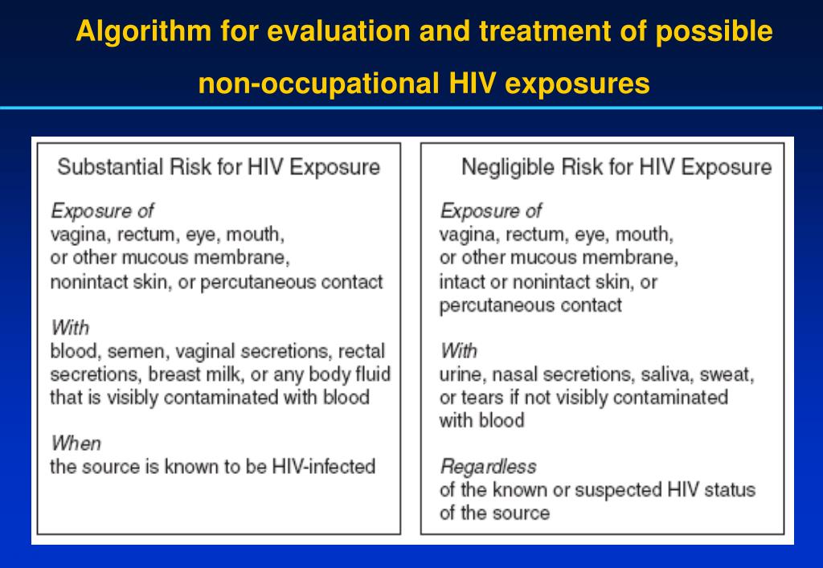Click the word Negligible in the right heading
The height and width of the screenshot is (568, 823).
(507, 167)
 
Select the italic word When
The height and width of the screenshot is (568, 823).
(76, 443)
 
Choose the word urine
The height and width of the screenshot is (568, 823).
(461, 374)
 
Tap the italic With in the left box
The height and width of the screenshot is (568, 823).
(69, 328)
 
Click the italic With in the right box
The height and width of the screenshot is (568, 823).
(458, 351)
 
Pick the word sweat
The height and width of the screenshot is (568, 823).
(728, 374)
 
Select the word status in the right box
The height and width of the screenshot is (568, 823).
(731, 490)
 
